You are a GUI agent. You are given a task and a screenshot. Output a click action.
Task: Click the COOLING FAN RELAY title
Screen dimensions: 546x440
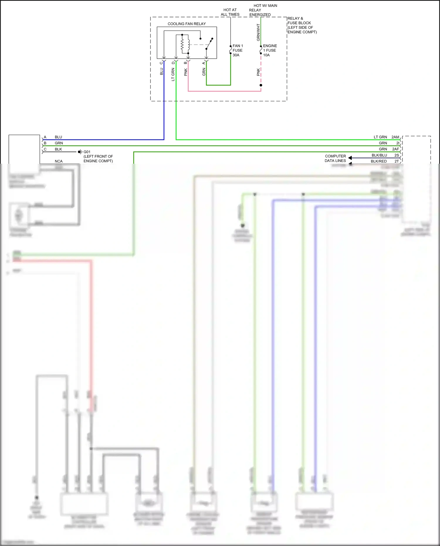[187, 24]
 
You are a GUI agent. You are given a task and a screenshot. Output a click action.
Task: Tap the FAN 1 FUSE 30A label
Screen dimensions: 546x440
[238, 50]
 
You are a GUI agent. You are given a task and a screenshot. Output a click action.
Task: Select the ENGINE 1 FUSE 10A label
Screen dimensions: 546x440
[270, 50]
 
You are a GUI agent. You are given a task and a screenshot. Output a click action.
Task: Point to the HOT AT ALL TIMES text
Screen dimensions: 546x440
[230, 12]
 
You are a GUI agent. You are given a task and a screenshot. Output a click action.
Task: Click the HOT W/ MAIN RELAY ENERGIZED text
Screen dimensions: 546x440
[263, 10]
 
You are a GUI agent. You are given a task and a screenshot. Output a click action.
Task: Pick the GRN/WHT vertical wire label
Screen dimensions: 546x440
[258, 32]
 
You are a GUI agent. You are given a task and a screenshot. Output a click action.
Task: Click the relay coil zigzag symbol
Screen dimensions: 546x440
[182, 45]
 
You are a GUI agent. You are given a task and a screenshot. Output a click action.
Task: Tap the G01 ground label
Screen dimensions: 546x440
[87, 152]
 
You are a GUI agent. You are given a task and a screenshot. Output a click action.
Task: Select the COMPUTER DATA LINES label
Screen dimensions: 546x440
[335, 158]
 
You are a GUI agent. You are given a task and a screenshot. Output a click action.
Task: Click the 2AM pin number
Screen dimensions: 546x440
[395, 137]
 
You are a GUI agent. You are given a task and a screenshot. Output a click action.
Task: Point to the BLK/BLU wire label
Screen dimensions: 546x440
[379, 155]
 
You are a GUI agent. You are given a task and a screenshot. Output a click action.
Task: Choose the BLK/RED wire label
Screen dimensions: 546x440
[379, 161]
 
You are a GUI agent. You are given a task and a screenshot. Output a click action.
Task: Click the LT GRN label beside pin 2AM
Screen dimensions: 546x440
[380, 137]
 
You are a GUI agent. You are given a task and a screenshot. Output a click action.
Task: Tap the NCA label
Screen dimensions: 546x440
[59, 161]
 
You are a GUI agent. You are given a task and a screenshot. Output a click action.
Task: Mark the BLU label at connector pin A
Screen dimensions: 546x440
[58, 137]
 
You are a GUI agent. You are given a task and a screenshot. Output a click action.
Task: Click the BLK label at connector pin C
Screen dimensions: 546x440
[58, 149]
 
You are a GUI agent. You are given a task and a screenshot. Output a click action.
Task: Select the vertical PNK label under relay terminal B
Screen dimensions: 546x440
[185, 72]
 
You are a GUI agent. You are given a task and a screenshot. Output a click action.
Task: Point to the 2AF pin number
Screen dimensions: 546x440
[395, 149]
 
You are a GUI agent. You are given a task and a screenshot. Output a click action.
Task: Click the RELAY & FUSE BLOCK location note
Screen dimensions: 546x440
[302, 25]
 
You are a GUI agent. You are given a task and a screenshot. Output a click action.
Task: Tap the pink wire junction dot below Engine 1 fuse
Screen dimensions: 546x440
[261, 85]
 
